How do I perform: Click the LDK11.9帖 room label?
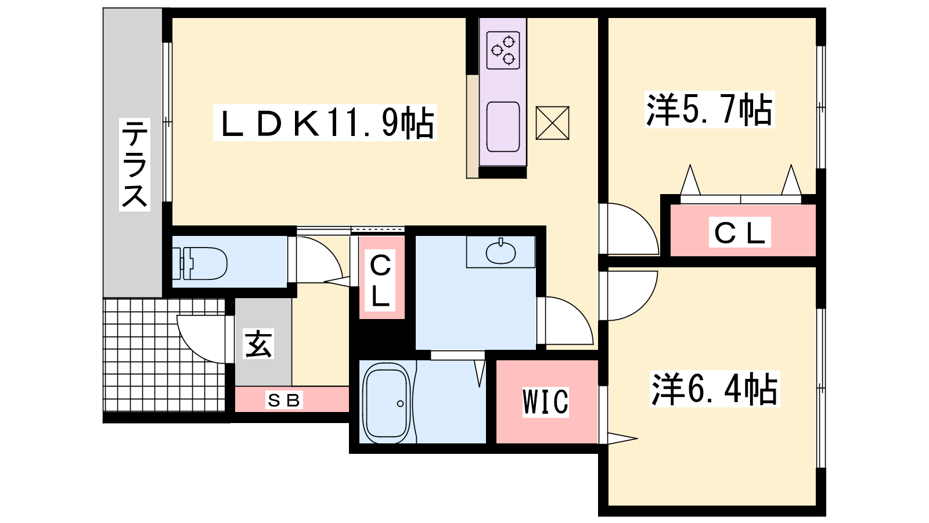[325, 123]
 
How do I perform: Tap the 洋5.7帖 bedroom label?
[709, 109]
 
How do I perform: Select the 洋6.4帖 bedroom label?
[714, 389]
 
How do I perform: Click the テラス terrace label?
[134, 164]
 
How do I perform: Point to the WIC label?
[545, 402]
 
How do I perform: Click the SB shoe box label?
[284, 400]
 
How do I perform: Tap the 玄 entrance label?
[258, 343]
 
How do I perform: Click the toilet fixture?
[200, 263]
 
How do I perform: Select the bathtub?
[387, 400]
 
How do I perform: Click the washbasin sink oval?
[500, 253]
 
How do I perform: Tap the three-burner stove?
[503, 50]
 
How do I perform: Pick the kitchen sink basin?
[503, 127]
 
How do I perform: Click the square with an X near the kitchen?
[552, 123]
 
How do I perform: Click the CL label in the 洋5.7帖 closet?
[740, 233]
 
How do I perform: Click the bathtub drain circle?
[400, 403]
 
